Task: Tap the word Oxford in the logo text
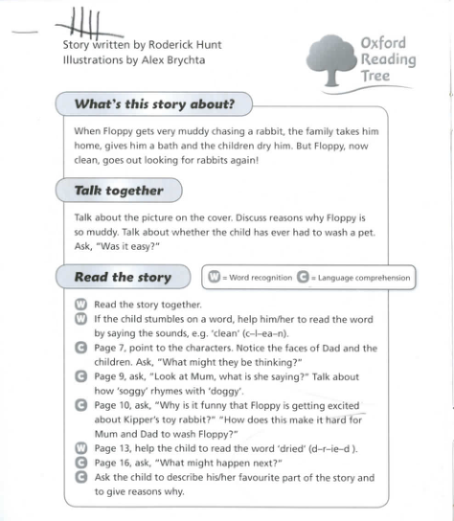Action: tap(383, 43)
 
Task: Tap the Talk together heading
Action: tap(119, 191)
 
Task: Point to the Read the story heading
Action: tap(123, 278)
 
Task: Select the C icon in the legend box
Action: tap(304, 278)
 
